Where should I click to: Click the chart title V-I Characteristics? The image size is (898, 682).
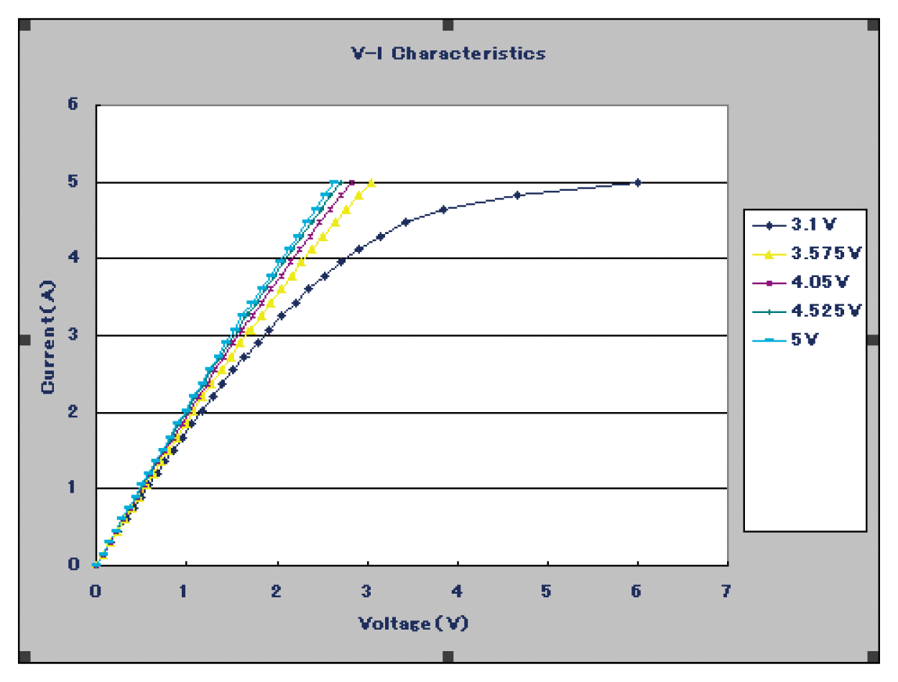click(x=448, y=53)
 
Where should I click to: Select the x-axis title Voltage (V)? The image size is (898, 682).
click(x=413, y=622)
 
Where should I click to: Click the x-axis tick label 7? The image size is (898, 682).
click(x=726, y=592)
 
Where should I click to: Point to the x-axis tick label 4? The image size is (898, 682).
click(x=457, y=592)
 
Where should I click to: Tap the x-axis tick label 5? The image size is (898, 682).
click(x=547, y=592)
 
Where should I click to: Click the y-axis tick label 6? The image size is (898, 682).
click(x=73, y=105)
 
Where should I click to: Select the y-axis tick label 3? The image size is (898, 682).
click(x=73, y=335)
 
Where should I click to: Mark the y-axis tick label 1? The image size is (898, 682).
click(x=73, y=488)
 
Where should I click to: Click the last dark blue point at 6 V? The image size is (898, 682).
click(x=637, y=183)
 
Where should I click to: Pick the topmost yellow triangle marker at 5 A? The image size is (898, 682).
click(x=371, y=183)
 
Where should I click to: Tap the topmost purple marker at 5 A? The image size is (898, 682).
click(x=351, y=183)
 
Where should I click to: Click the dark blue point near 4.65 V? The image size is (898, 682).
click(x=517, y=195)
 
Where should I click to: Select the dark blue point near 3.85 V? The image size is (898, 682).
click(x=443, y=210)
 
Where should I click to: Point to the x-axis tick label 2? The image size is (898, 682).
click(x=277, y=592)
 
